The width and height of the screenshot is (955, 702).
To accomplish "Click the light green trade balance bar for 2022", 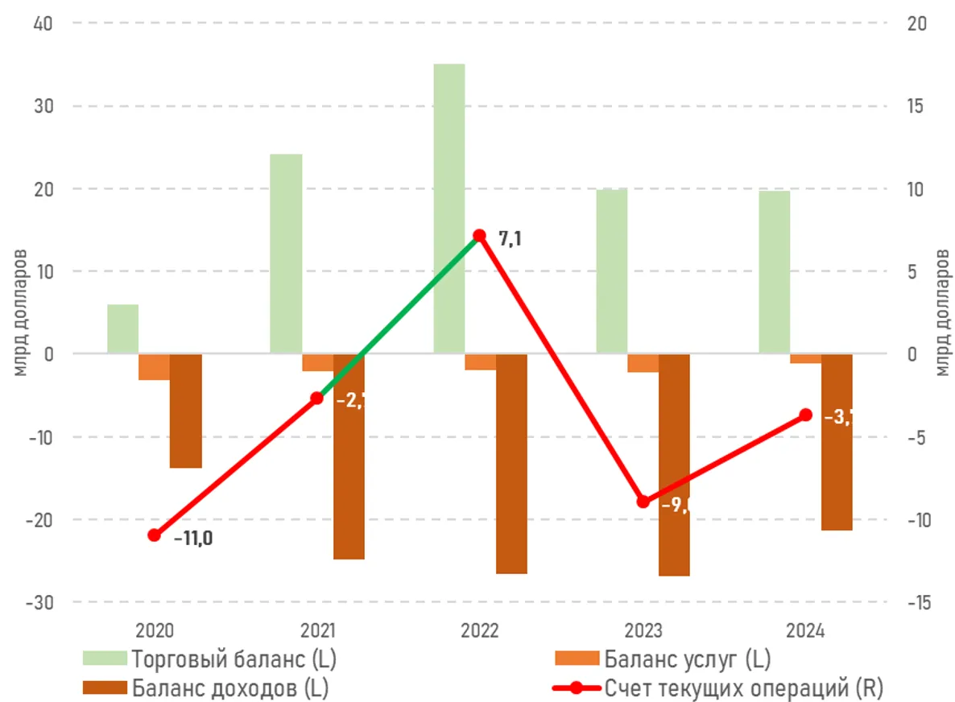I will pos(449,209).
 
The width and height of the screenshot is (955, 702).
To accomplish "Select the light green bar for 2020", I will pos(122,329).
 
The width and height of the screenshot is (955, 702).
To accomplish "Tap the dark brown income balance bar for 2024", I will pos(837,442).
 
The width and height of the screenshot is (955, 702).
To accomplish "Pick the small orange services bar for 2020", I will pos(154,367).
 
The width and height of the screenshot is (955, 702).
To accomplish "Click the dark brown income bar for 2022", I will pos(511,463).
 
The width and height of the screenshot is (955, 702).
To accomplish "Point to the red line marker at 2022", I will pos(479,236).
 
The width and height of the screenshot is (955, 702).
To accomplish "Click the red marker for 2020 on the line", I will pos(155,535).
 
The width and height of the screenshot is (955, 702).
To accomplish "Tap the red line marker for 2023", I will pos(643,502).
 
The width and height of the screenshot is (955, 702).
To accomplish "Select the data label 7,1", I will pos(510,238).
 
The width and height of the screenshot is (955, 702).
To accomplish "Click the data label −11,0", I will pos(193,539).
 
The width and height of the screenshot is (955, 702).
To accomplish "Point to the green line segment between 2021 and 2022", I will pos(399,316).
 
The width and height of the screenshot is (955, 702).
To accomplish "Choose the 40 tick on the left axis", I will pos(43,23).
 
